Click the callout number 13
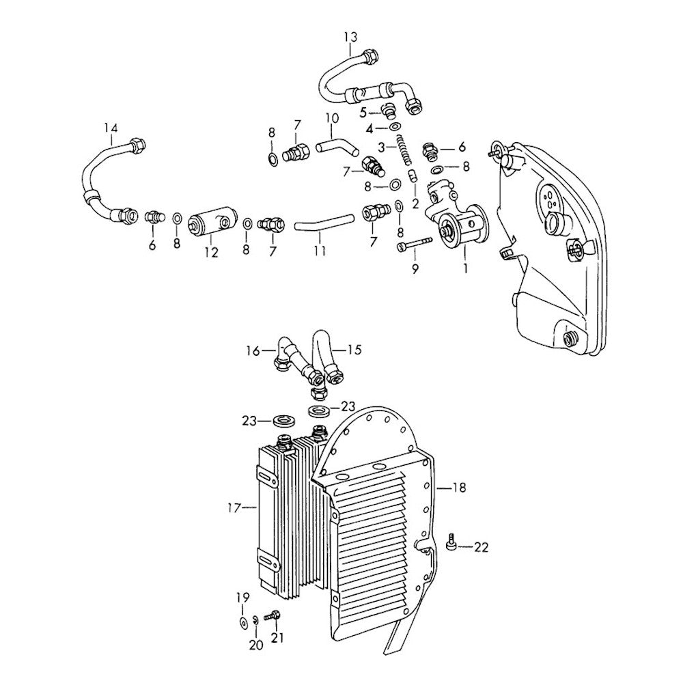tap(350, 36)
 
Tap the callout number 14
tap(111, 128)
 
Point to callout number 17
tap(233, 507)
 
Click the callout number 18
tap(459, 488)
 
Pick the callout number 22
tap(482, 547)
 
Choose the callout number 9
tap(414, 268)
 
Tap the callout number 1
tap(465, 268)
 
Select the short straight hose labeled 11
tap(324, 223)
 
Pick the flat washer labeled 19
tap(242, 622)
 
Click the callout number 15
tap(353, 350)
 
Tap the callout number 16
tap(253, 351)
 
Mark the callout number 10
tap(331, 117)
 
